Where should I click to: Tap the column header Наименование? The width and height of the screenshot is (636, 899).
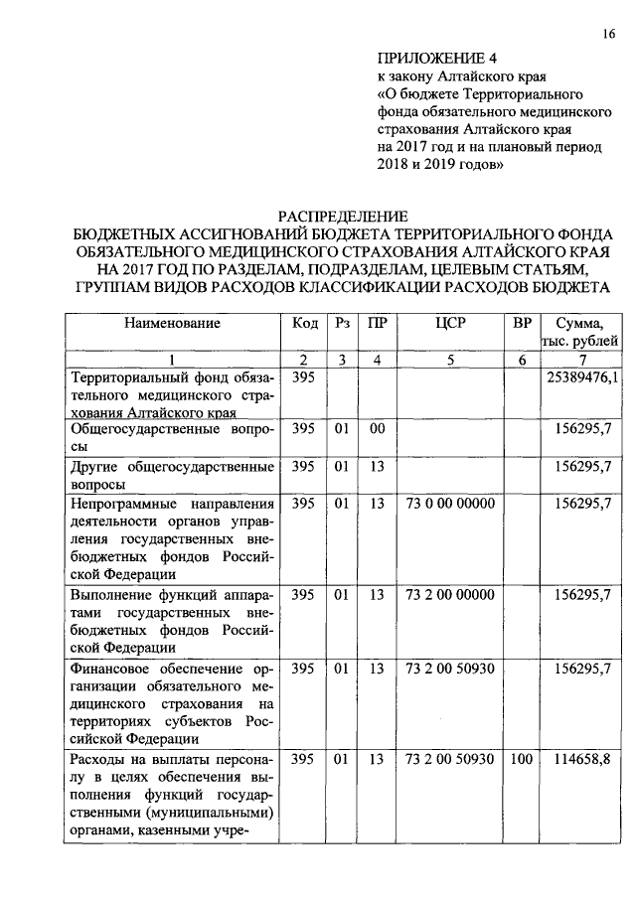(172, 323)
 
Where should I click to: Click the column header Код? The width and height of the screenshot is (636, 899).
(305, 323)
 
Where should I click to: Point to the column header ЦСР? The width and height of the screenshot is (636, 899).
(450, 323)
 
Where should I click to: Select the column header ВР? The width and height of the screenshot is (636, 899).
(521, 323)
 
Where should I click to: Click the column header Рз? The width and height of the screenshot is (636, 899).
(343, 323)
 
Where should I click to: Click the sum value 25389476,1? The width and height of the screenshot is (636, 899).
(582, 377)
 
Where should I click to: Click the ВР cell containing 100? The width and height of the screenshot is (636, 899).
(521, 760)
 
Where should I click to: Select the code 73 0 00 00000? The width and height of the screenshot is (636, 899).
(450, 504)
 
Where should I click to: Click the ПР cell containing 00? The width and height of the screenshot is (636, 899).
(377, 428)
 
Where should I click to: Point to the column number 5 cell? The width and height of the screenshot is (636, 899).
(450, 360)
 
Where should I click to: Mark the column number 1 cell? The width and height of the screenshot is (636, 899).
(172, 360)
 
